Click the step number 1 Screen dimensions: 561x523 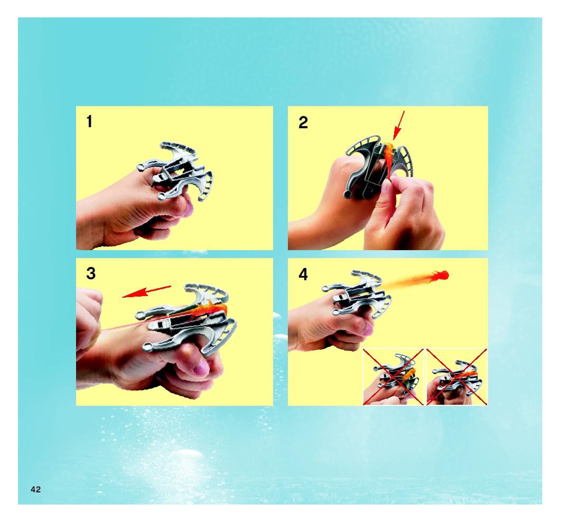point(90,122)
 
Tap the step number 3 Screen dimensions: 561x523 point(91,273)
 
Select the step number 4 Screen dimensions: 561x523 point(303,274)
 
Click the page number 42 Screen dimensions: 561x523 point(36,489)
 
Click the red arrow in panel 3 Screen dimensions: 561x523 point(147,292)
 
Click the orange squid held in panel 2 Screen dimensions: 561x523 point(389,159)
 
